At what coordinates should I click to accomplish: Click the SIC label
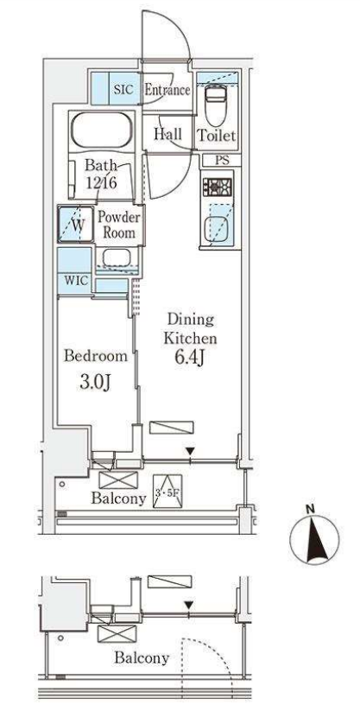(x=123, y=89)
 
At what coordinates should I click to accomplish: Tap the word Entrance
(x=167, y=90)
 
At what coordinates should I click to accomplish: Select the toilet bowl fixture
(x=214, y=106)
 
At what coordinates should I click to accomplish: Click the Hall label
(x=167, y=134)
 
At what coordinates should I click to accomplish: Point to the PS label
(x=222, y=160)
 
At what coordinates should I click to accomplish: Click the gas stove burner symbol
(x=218, y=187)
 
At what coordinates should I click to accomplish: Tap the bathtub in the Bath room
(x=103, y=129)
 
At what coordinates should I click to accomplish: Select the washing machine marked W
(x=76, y=224)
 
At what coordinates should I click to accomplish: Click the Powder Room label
(x=119, y=225)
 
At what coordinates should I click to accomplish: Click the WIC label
(x=76, y=280)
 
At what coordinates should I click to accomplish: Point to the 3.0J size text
(x=95, y=384)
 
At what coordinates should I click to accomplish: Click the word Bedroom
(x=95, y=356)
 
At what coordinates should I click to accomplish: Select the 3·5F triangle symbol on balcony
(x=167, y=491)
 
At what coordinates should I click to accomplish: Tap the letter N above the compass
(x=310, y=509)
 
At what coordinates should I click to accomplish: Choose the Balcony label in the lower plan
(x=142, y=657)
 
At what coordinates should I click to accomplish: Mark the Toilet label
(x=217, y=136)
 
